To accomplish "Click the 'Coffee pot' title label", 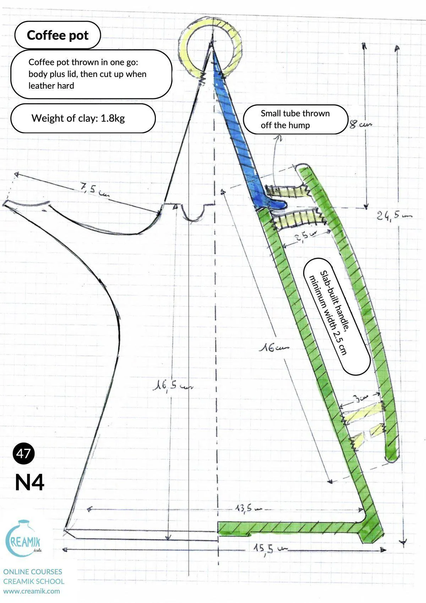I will click(x=58, y=35).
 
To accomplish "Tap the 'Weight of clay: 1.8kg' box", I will click(x=83, y=118).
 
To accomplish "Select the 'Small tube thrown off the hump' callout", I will click(x=295, y=119).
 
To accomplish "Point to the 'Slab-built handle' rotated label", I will click(x=337, y=316).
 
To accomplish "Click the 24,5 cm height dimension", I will click(x=394, y=215).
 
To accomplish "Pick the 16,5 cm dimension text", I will click(x=172, y=385).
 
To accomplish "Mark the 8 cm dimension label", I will click(x=360, y=125).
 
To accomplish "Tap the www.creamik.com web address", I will click(x=32, y=591).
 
